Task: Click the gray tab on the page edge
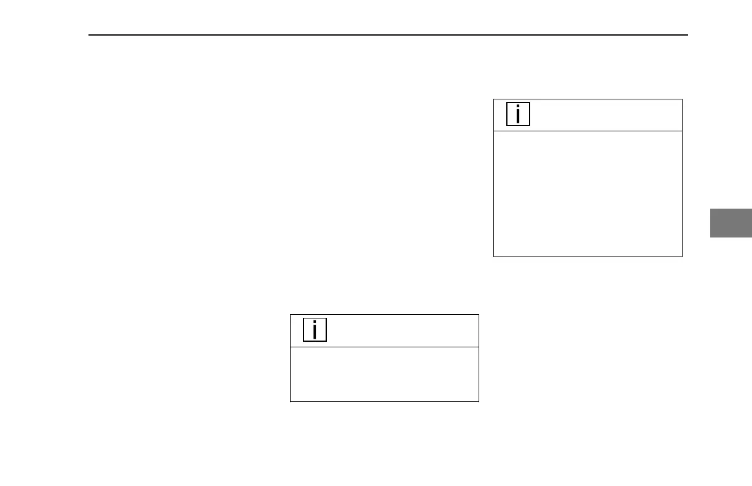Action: click(x=731, y=223)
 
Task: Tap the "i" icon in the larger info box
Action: click(x=519, y=114)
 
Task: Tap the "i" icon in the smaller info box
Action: click(x=315, y=330)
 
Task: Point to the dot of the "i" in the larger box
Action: click(x=519, y=107)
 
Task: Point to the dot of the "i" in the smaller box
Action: click(x=315, y=323)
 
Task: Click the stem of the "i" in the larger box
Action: click(x=519, y=117)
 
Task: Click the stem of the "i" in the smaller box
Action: click(x=315, y=333)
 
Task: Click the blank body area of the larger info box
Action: click(x=588, y=193)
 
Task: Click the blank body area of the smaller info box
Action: click(x=384, y=374)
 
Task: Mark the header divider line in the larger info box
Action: click(x=588, y=131)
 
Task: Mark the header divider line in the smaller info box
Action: click(x=384, y=347)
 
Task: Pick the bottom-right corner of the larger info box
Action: click(x=682, y=256)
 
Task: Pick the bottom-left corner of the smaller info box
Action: click(x=291, y=401)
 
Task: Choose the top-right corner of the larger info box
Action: click(x=682, y=99)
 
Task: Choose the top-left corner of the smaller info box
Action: click(x=291, y=315)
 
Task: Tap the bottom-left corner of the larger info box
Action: click(x=494, y=256)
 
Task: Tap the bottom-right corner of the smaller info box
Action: click(x=479, y=401)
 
